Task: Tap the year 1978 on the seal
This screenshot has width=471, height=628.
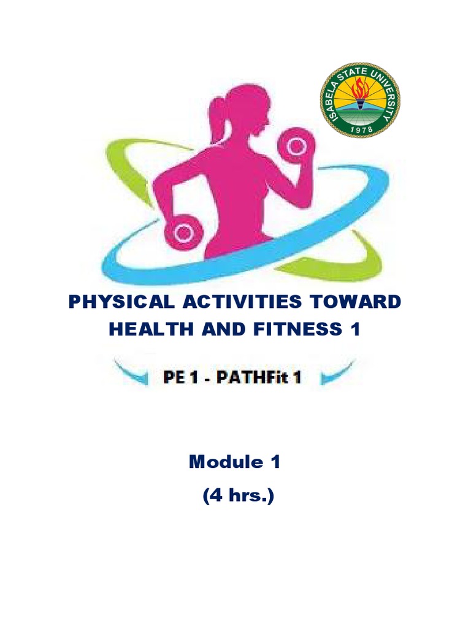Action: (361, 129)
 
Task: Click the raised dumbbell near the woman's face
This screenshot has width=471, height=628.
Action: (296, 146)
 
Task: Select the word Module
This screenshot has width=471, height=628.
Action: (226, 462)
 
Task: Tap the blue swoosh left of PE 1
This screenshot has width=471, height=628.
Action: (132, 373)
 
